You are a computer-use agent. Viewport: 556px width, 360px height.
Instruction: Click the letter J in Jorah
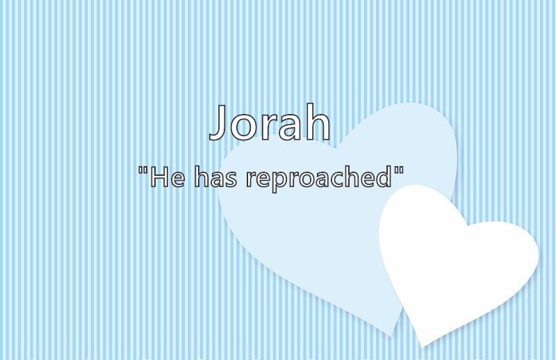218,122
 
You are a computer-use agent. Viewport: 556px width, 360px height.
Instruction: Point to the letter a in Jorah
287,126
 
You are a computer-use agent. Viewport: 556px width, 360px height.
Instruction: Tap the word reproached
319,179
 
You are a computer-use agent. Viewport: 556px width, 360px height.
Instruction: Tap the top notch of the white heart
467,225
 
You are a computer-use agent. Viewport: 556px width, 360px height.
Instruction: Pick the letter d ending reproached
383,176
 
